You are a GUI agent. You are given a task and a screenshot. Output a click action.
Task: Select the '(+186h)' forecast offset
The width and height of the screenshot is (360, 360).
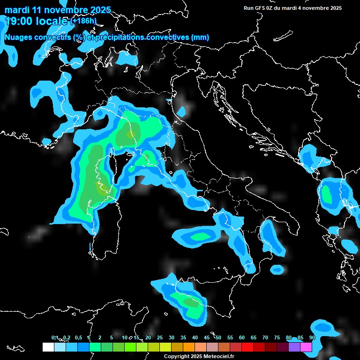point(84,21)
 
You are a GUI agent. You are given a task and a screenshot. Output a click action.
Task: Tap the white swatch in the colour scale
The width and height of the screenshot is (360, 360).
point(48,347)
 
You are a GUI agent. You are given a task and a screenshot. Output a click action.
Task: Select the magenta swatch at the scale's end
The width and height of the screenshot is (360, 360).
point(306,347)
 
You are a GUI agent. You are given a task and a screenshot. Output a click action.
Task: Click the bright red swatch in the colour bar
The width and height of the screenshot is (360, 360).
point(247,347)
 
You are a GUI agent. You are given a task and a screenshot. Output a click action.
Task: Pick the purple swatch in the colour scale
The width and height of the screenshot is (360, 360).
point(294,347)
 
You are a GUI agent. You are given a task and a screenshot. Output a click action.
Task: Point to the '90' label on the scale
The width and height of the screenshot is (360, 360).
point(312,337)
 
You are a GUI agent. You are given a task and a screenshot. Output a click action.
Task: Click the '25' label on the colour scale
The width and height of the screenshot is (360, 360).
point(160,337)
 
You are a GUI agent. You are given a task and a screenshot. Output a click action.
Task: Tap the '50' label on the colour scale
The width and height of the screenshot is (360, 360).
point(218,337)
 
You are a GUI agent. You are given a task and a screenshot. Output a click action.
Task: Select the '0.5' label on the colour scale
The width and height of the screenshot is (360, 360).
point(78,337)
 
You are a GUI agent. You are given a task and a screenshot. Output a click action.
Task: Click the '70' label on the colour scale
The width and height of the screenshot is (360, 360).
point(265,337)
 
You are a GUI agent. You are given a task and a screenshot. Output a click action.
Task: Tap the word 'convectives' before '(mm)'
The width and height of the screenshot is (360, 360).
point(168,37)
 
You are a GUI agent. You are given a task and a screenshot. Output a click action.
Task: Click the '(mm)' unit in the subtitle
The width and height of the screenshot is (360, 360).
point(200,37)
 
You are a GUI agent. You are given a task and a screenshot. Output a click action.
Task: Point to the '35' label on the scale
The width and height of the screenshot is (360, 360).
point(183,337)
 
